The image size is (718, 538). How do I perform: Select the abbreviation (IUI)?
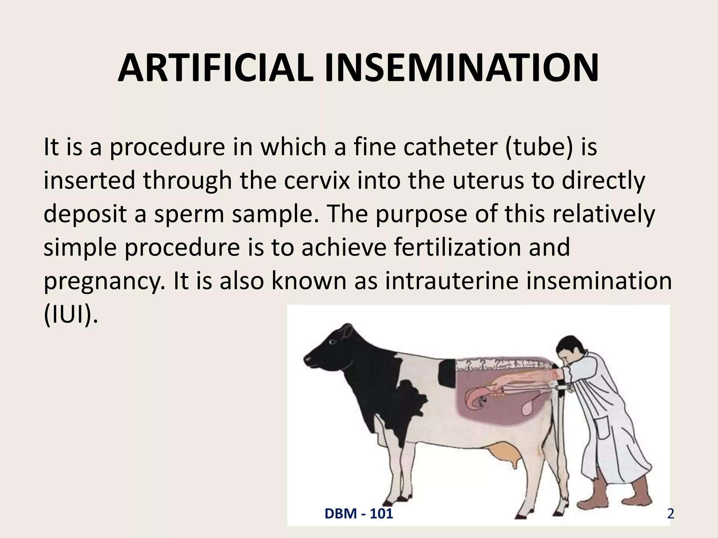pyautogui.click(x=70, y=315)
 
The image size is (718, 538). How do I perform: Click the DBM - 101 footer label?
pyautogui.click(x=359, y=514)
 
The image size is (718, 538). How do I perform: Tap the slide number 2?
pyautogui.click(x=670, y=514)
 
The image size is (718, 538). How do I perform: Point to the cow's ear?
pyautogui.click(x=347, y=329)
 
